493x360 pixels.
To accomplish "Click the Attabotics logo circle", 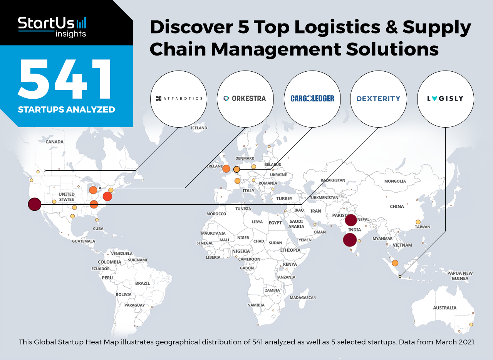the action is point(178,99).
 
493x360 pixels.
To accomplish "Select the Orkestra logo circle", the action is point(245,99).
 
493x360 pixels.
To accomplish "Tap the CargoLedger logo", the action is point(312,99).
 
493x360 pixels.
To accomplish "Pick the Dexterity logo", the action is point(379,99).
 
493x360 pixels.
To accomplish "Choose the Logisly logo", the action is point(445,99).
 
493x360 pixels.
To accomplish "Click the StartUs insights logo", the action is point(52,27).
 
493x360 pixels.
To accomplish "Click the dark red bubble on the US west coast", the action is point(35,204).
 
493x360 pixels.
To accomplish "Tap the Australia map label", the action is point(444,308).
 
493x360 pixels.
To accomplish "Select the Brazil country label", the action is point(143,283).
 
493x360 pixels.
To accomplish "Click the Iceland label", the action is point(199,128).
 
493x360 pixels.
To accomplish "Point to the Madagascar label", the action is point(303,298).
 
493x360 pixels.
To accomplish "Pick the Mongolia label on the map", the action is point(395,181).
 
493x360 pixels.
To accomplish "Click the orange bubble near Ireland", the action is point(226,169).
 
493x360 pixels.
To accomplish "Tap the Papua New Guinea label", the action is point(460,276).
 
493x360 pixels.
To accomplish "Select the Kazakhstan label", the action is point(333,180).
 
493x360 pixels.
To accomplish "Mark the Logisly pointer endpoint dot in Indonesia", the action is point(400,276).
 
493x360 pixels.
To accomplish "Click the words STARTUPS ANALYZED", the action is point(67,109).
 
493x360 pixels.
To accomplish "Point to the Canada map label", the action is point(54,142).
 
